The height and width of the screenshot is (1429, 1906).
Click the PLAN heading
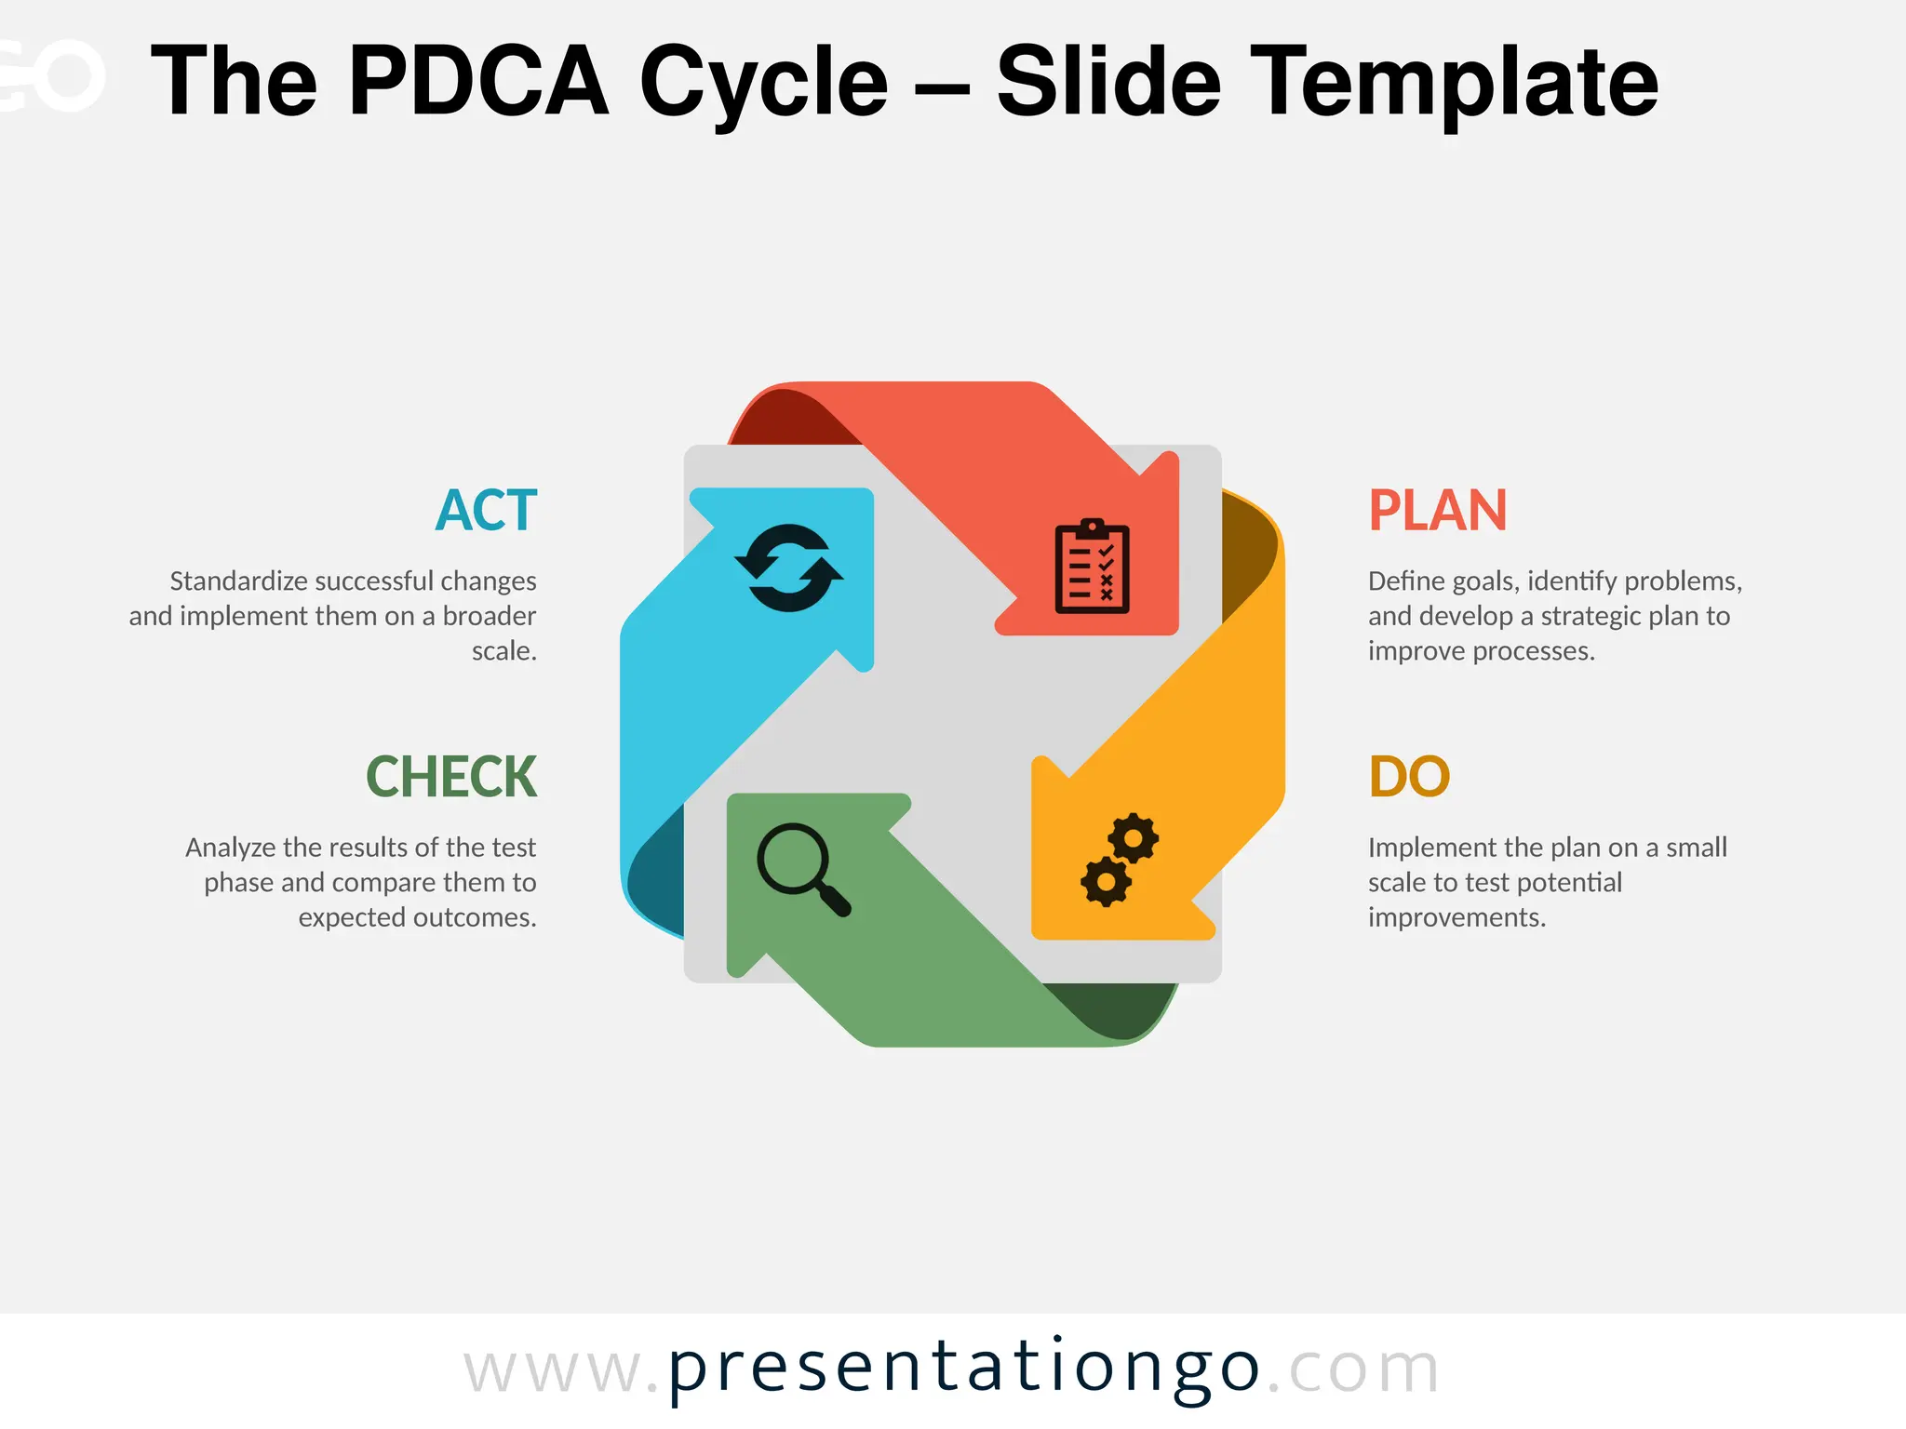[x=1437, y=511]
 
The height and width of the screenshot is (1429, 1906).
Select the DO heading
[x=1409, y=777]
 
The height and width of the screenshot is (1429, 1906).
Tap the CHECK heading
[x=451, y=777]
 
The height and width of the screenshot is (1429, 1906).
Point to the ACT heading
[x=486, y=511]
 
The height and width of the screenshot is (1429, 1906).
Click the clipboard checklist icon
[x=1092, y=567]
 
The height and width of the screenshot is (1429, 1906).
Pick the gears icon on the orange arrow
[x=1120, y=860]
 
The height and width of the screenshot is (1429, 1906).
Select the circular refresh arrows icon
[x=789, y=568]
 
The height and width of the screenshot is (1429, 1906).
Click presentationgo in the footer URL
[x=964, y=1369]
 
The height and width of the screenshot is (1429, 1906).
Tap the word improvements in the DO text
[x=1456, y=918]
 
